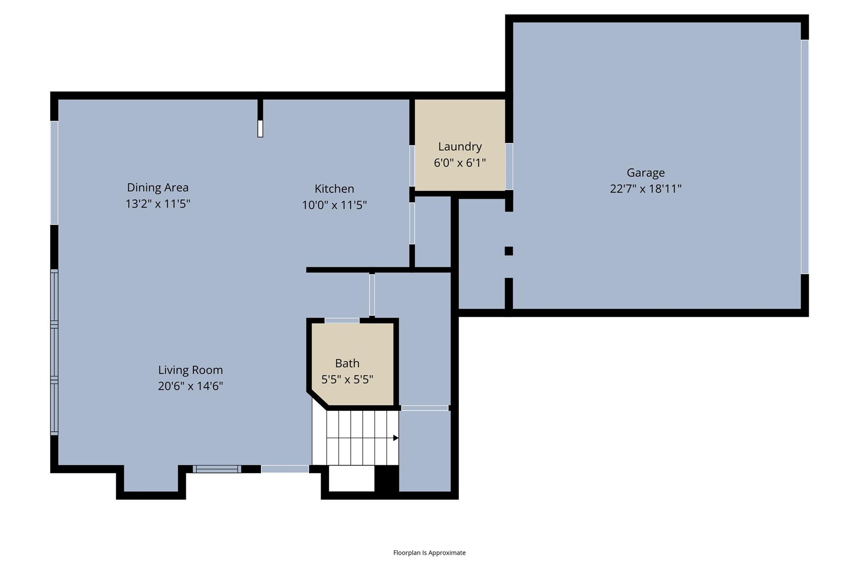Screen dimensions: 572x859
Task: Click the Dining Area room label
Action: (x=158, y=187)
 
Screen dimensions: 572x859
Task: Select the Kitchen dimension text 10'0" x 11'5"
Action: (x=334, y=205)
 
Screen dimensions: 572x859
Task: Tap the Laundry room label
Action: (x=460, y=147)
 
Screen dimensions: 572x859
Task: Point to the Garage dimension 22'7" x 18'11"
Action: (x=646, y=189)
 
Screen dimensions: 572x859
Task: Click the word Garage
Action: (x=646, y=173)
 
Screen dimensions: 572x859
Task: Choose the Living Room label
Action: (x=190, y=370)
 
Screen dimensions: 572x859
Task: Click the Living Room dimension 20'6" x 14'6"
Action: (x=190, y=386)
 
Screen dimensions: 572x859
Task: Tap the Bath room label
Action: (x=347, y=363)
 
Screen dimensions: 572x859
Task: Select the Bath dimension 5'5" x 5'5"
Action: (x=347, y=380)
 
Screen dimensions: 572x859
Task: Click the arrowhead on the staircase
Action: (x=396, y=438)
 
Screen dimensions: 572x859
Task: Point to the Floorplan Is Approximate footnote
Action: (x=429, y=553)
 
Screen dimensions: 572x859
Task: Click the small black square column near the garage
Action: (x=508, y=251)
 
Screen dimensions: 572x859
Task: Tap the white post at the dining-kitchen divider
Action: (x=260, y=129)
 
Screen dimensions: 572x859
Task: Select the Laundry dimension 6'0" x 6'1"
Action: (x=460, y=163)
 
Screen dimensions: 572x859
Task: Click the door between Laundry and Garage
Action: (x=509, y=166)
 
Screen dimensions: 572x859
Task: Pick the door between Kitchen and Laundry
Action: (x=412, y=166)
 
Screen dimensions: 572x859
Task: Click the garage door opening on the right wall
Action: (x=804, y=157)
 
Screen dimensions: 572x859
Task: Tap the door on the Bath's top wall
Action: (x=342, y=321)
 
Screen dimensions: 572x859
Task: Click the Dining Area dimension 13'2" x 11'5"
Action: (x=158, y=204)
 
